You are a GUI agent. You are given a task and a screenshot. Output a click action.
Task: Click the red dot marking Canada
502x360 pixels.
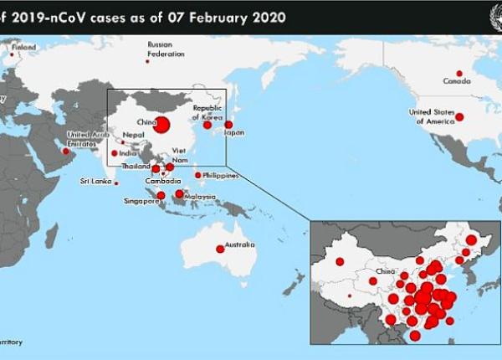pos(458,73)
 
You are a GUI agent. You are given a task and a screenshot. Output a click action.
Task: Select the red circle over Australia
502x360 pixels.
pos(220,248)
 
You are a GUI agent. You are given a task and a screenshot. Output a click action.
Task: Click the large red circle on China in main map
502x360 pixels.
pos(161,126)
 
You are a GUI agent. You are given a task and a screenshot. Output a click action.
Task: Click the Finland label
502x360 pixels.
pos(23,48)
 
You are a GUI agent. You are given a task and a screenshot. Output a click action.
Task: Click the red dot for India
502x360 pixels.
pos(115,153)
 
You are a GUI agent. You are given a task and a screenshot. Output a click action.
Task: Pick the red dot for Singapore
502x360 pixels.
pos(161,195)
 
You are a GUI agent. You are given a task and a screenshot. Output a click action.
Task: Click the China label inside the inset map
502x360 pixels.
pos(386,271)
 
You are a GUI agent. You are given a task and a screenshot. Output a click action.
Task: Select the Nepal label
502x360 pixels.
pos(131,135)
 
